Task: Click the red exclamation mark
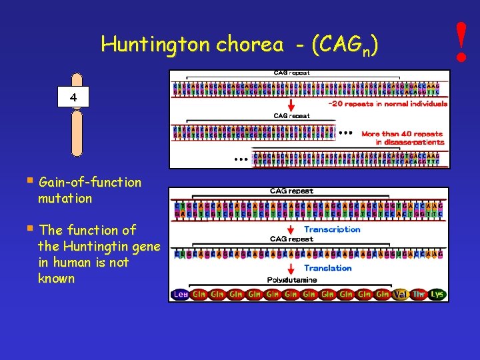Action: (461, 41)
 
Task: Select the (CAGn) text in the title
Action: (345, 45)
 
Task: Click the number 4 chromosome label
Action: (73, 98)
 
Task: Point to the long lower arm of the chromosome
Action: (77, 133)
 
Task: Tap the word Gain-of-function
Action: (90, 182)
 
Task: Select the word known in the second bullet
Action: (57, 279)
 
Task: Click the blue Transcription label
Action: (332, 229)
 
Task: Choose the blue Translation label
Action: (328, 268)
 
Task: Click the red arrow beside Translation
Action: (291, 269)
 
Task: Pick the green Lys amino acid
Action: (437, 294)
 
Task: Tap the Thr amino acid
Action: (419, 294)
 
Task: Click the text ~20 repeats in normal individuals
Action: (387, 104)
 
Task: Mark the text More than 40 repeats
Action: (402, 134)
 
